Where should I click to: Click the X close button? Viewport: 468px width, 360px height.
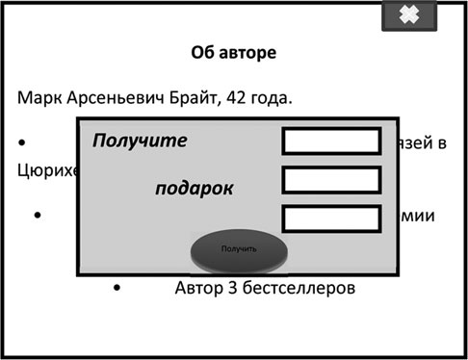click(x=409, y=15)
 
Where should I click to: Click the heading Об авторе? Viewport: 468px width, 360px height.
click(x=234, y=53)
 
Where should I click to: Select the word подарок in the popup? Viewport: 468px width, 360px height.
click(x=194, y=188)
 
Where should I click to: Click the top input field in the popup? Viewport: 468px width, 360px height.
click(x=331, y=141)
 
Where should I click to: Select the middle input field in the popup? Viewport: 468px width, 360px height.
click(x=331, y=180)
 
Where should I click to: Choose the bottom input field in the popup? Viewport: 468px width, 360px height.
click(x=331, y=218)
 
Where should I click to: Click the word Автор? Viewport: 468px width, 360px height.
click(x=201, y=287)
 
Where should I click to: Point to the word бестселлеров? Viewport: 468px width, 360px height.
click(x=301, y=287)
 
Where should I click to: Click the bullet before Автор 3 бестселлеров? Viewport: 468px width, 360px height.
click(x=117, y=287)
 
